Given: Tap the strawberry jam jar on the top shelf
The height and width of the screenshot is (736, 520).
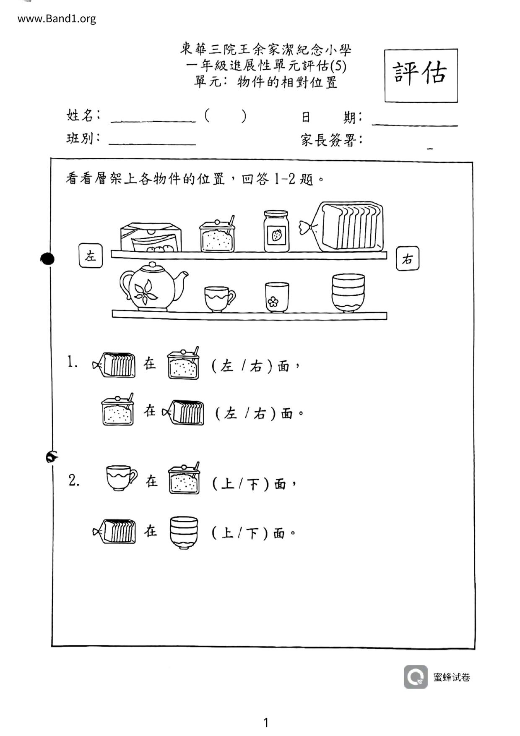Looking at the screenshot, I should click(x=276, y=231).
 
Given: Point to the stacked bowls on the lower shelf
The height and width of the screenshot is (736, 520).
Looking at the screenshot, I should click(x=348, y=293).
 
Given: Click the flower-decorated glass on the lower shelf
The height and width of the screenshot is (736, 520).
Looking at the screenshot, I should click(x=277, y=297).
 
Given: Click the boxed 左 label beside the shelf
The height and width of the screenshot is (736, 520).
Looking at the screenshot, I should click(x=91, y=256).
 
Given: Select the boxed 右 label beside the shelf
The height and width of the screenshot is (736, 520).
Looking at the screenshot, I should click(x=407, y=259).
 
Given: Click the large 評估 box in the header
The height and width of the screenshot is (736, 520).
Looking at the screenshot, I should click(x=421, y=76).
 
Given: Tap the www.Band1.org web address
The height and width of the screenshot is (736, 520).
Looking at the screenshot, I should click(x=57, y=19).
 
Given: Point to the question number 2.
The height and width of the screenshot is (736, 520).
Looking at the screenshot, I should click(x=74, y=481).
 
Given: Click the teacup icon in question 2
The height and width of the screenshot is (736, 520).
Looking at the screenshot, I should click(x=121, y=478).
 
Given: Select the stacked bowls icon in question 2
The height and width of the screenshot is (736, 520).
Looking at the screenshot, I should click(x=184, y=532).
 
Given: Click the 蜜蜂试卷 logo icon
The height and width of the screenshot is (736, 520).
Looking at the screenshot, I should click(x=416, y=677).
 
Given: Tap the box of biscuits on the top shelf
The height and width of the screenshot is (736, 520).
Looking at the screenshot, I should click(x=151, y=238).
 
